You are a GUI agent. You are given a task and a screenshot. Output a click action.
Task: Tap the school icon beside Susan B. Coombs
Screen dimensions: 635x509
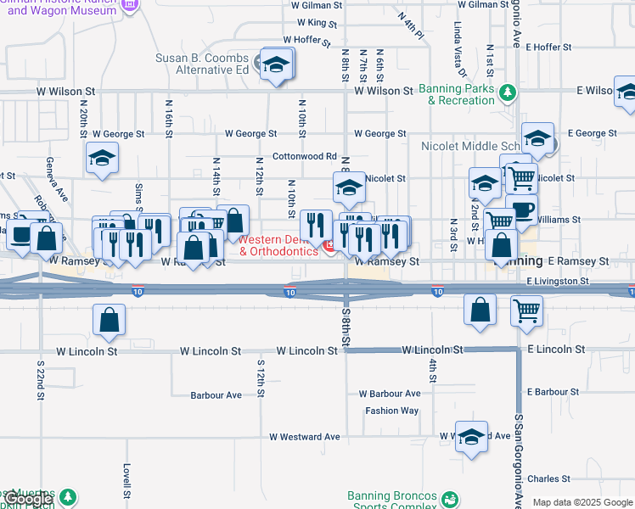pos(277,64)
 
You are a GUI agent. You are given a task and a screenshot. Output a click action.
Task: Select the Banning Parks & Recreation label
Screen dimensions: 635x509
pos(461,94)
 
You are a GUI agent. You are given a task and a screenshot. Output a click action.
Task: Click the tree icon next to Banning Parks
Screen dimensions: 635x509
pos(507,92)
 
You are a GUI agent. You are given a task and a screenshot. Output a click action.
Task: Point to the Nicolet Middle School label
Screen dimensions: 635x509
pos(469,146)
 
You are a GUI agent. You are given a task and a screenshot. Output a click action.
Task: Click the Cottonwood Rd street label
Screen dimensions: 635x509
pos(305,156)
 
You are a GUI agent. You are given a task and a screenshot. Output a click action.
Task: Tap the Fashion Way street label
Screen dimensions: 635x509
pos(392,411)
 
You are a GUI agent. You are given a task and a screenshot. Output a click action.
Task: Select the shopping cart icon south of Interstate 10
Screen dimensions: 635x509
pos(526,311)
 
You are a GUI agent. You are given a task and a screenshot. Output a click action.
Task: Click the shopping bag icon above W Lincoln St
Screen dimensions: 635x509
pos(110,320)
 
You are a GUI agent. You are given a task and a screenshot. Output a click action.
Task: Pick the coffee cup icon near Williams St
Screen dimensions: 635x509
pos(522,210)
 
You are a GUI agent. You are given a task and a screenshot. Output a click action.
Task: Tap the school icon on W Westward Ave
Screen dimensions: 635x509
pos(471,438)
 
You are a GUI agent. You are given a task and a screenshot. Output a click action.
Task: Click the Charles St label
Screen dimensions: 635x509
pos(542,478)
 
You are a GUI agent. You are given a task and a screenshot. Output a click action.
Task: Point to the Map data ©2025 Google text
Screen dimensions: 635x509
pos(582,502)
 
